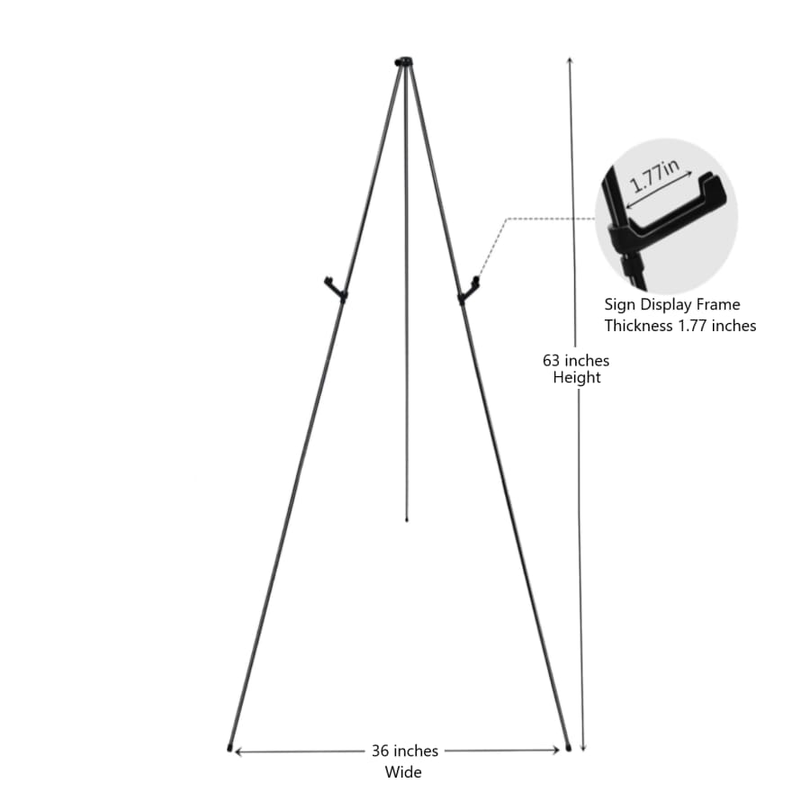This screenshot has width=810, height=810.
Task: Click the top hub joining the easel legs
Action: [404, 62]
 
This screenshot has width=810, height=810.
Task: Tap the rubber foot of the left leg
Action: [230, 747]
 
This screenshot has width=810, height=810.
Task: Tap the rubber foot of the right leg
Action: [568, 746]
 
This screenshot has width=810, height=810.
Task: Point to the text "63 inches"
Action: [575, 360]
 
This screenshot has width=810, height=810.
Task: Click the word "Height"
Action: [577, 378]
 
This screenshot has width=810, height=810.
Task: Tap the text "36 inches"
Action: [404, 751]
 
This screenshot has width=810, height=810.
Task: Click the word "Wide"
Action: [403, 771]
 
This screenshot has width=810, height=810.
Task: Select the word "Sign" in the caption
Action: [619, 305]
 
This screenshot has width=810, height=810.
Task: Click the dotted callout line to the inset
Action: [540, 218]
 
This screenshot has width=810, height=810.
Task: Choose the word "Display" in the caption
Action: [666, 305]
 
